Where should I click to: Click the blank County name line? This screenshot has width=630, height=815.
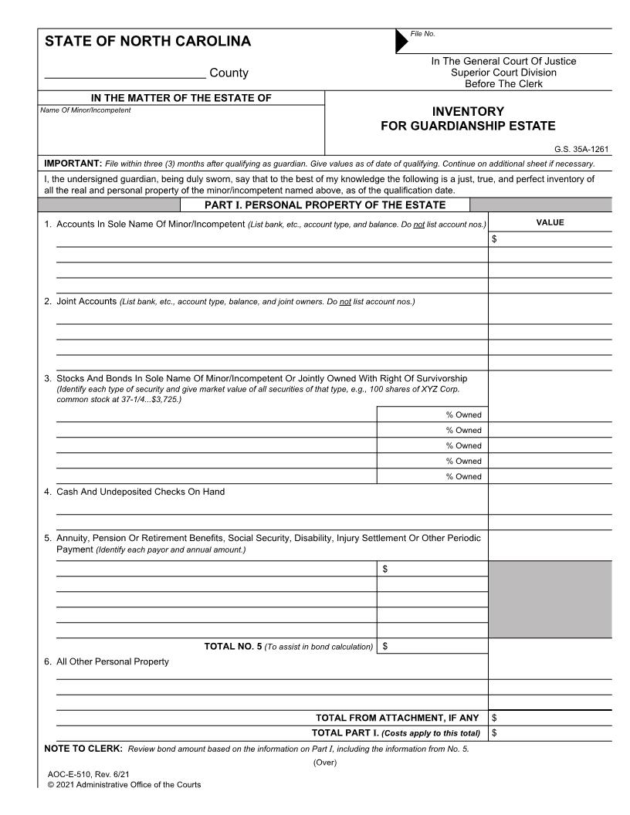(x=125, y=73)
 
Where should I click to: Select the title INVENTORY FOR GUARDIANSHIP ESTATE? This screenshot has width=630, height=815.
(x=468, y=119)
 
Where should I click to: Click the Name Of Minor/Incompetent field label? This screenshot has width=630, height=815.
(x=86, y=110)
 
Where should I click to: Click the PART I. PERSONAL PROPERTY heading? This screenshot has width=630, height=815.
(x=325, y=205)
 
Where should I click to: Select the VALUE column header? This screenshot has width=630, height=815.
(x=550, y=222)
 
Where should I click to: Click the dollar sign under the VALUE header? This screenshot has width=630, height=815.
(x=494, y=239)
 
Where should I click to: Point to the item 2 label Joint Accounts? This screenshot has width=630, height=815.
(x=86, y=301)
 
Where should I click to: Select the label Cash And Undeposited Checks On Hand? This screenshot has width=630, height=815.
(x=141, y=492)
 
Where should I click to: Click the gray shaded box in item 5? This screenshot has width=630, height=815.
(x=550, y=599)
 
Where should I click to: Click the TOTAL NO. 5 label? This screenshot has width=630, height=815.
(x=232, y=646)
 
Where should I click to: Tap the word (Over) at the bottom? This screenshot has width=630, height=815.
(x=325, y=763)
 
